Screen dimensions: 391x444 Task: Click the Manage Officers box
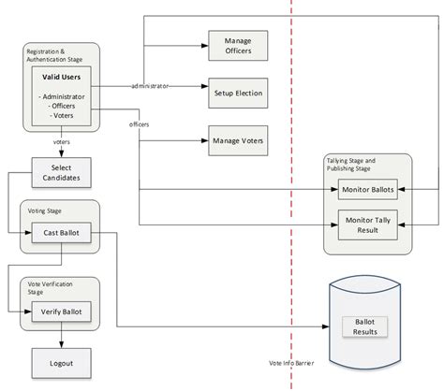tap(236, 45)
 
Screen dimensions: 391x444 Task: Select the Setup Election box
tap(236, 94)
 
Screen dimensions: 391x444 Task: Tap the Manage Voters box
tap(236, 141)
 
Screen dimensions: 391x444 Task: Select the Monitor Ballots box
tap(368, 190)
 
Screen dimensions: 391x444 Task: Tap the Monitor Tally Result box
tap(368, 224)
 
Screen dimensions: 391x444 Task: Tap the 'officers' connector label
tap(140, 123)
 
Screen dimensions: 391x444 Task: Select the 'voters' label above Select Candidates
tap(62, 142)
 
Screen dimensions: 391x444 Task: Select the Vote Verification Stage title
tap(50, 287)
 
